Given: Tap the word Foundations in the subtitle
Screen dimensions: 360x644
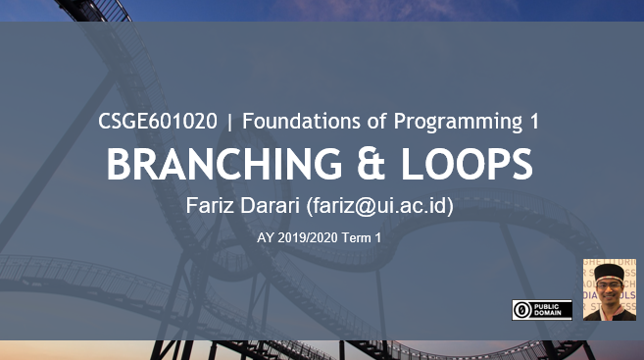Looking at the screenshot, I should coord(298,122).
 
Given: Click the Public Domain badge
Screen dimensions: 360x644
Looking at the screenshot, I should coord(542,309).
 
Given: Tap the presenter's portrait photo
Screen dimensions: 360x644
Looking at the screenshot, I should coord(610,290).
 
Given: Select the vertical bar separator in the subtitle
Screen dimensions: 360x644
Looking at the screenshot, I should coord(229,123).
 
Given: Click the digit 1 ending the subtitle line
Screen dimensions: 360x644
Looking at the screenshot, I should coord(533,122).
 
